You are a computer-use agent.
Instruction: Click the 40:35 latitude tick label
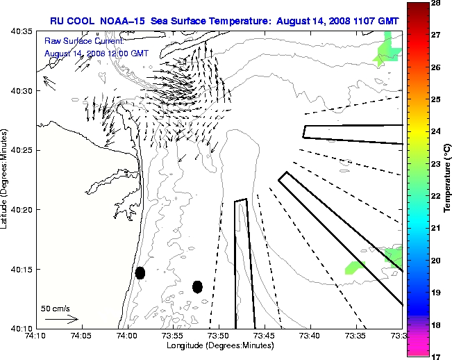point(23,32)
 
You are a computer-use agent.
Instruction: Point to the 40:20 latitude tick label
point(23,210)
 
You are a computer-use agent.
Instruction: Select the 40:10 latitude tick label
point(23,328)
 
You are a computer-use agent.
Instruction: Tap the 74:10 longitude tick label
point(35,336)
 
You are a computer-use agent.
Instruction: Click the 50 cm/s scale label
point(55,308)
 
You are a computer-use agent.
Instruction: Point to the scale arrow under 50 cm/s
point(61,319)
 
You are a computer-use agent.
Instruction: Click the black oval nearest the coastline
point(140,272)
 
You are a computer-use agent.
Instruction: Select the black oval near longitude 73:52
point(198,286)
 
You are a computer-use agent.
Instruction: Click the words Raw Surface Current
point(78,42)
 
